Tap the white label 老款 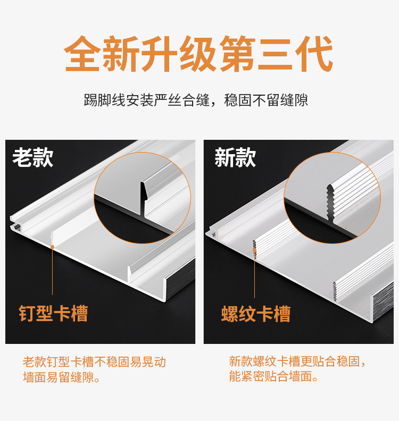(x=33, y=157)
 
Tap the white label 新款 (x=235, y=157)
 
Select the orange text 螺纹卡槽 (x=256, y=314)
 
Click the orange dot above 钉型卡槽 (x=52, y=247)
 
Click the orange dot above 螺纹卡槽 (x=254, y=249)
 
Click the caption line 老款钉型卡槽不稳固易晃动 (x=94, y=363)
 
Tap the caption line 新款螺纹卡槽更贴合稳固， (x=298, y=363)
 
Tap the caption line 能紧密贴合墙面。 (x=274, y=378)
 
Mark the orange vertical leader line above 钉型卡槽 (x=52, y=271)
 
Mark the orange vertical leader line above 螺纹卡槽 (x=254, y=274)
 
